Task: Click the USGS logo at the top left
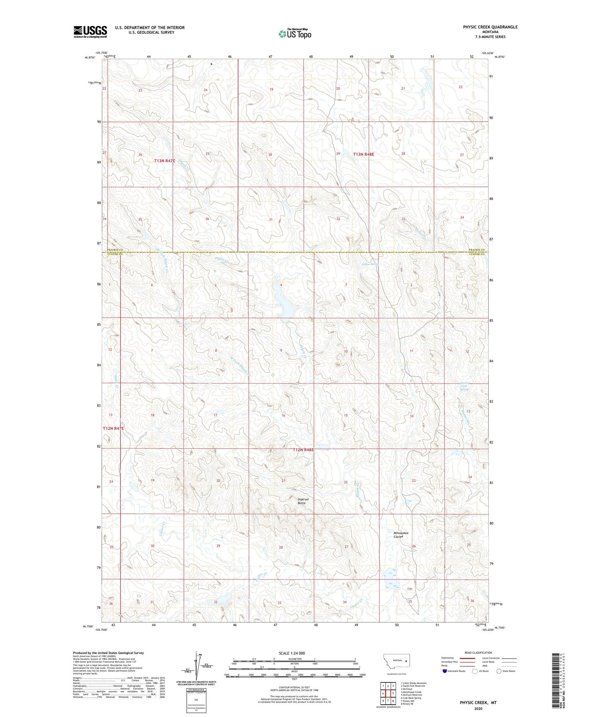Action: [90, 32]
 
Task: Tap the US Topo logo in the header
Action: [295, 34]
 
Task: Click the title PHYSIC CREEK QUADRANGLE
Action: [490, 27]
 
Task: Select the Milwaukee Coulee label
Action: [401, 535]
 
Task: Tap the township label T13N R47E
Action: [164, 161]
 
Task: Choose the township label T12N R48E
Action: [303, 450]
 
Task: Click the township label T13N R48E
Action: [364, 154]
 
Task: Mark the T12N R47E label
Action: [113, 428]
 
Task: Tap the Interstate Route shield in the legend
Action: [445, 671]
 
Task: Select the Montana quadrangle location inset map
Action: [396, 662]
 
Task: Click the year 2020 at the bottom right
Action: [478, 708]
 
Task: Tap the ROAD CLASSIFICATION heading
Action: [478, 653]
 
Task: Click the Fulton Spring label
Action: [370, 264]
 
